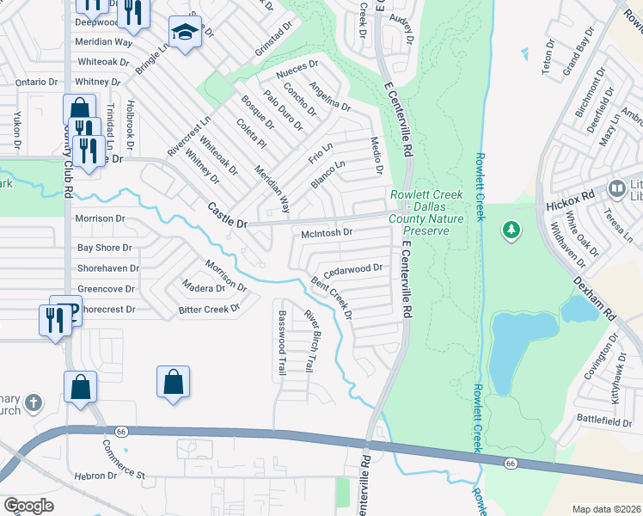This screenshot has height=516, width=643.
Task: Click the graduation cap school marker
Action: (183, 33)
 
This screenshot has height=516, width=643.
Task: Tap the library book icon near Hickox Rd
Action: (616, 187)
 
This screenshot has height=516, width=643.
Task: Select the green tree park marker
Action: (511, 230)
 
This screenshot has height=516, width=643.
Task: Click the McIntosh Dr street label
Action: (328, 232)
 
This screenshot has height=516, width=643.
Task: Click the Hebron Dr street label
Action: (95, 476)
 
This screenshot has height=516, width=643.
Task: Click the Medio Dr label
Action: (375, 155)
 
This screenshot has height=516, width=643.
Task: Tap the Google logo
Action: (28, 506)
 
